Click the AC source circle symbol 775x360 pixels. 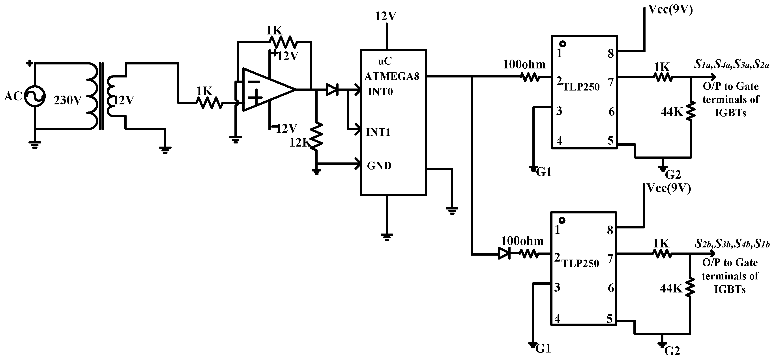click(35, 96)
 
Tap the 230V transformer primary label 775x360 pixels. click(68, 100)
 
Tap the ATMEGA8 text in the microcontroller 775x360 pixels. click(391, 76)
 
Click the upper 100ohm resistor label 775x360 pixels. click(524, 64)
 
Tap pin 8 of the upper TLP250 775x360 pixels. click(610, 54)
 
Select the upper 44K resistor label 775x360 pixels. click(672, 112)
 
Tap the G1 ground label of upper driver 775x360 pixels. click(544, 172)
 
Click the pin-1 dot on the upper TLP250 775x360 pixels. click(563, 44)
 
